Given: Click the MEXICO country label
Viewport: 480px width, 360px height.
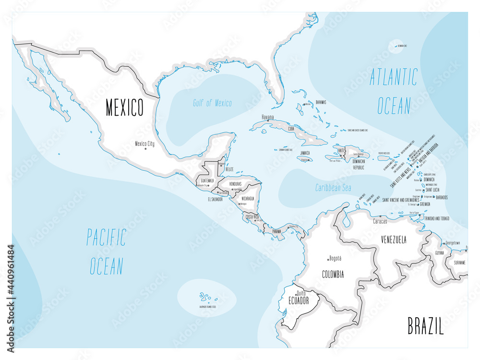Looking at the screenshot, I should pos(124,108).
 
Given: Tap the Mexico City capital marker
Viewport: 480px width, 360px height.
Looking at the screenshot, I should pos(145,149).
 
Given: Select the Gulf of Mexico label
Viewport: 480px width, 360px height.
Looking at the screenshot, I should pos(212,103).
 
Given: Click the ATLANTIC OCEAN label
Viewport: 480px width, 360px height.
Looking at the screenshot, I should pos(394,91).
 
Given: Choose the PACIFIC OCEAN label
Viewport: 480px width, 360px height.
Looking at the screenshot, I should pos(107,252).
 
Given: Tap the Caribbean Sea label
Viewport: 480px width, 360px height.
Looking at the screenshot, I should pos(333,188).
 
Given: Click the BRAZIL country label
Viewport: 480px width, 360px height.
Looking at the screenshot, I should pos(425,326).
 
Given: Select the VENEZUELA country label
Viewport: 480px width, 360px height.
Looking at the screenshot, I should pos(394,239).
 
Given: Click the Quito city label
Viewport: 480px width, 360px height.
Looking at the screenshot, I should pos(301,293).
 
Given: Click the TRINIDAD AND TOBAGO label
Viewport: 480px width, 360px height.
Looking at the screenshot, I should pos(436,218).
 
